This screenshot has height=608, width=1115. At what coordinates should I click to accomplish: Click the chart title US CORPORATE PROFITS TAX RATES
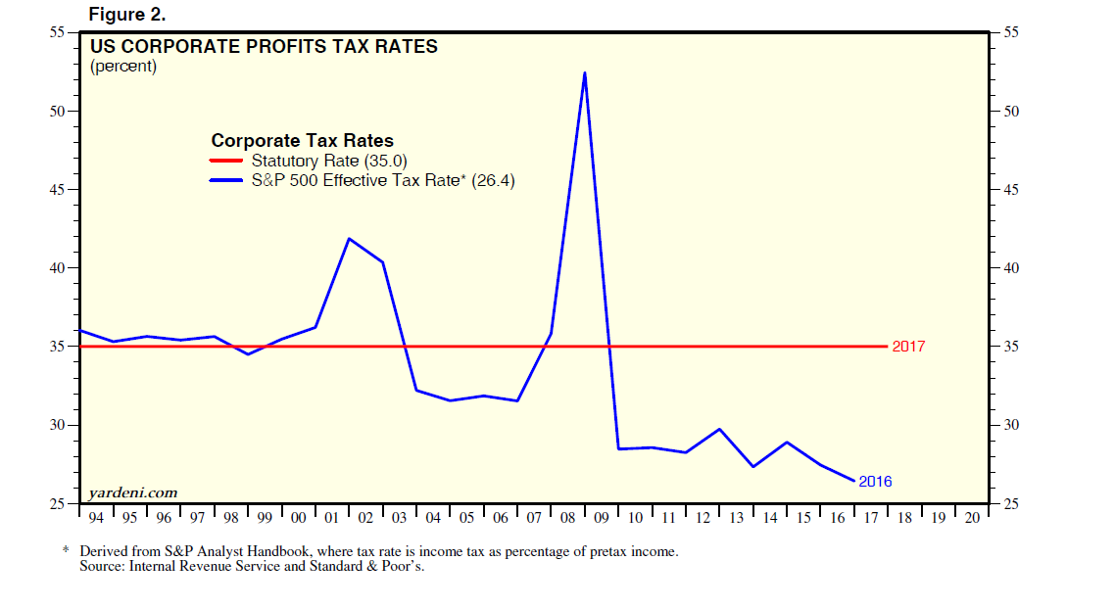click(264, 46)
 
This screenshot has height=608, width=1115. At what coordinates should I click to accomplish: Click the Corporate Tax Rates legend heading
click(303, 141)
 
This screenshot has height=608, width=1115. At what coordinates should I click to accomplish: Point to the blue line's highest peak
click(584, 72)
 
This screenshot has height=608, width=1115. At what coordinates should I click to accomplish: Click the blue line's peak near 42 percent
click(349, 239)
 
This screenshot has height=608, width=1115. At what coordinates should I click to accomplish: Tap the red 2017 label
click(908, 347)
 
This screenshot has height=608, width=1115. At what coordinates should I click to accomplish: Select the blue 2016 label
click(875, 482)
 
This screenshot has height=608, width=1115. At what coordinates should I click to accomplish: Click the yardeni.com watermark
click(132, 492)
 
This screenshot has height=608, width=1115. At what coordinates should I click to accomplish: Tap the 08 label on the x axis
click(567, 518)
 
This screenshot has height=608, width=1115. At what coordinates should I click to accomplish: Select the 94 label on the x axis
click(96, 518)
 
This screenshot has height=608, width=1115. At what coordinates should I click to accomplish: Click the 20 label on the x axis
click(971, 518)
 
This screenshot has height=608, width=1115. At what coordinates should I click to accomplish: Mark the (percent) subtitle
click(123, 67)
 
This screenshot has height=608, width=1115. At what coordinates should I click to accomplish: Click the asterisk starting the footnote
click(67, 550)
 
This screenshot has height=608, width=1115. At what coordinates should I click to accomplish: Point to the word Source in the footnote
click(100, 566)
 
